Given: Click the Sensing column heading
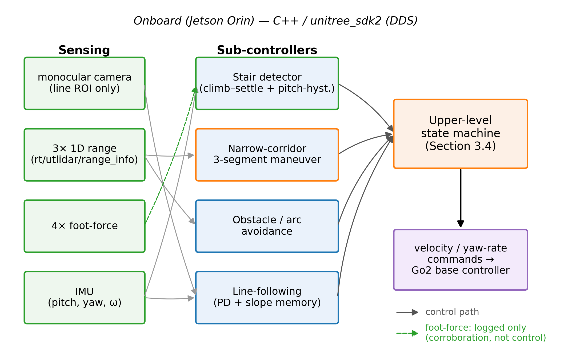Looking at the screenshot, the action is [x=84, y=50].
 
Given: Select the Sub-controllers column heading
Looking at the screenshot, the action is [x=267, y=50].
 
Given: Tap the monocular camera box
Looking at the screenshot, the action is [x=85, y=83].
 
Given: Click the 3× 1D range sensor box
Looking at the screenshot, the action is [x=85, y=155].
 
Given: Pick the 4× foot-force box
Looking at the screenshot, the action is [x=85, y=226].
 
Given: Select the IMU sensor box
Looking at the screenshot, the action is [x=85, y=298].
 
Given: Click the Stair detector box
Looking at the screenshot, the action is [x=267, y=83].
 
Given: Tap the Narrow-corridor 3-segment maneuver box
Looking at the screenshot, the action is [x=267, y=155].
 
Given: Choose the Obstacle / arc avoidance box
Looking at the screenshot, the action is [x=267, y=226].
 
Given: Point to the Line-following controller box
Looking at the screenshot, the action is [x=267, y=298].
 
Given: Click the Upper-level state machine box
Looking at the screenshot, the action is [x=461, y=134].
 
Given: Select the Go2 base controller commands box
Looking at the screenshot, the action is [x=461, y=260].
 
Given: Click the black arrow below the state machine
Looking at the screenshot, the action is [x=461, y=198].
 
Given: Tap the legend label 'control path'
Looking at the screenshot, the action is [x=452, y=312].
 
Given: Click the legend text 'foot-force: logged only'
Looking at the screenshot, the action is [x=475, y=328].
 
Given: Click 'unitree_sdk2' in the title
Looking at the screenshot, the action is [x=346, y=21].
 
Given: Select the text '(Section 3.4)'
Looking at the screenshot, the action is [x=461, y=146].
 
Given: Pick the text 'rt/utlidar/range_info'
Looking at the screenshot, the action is [x=84, y=159].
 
